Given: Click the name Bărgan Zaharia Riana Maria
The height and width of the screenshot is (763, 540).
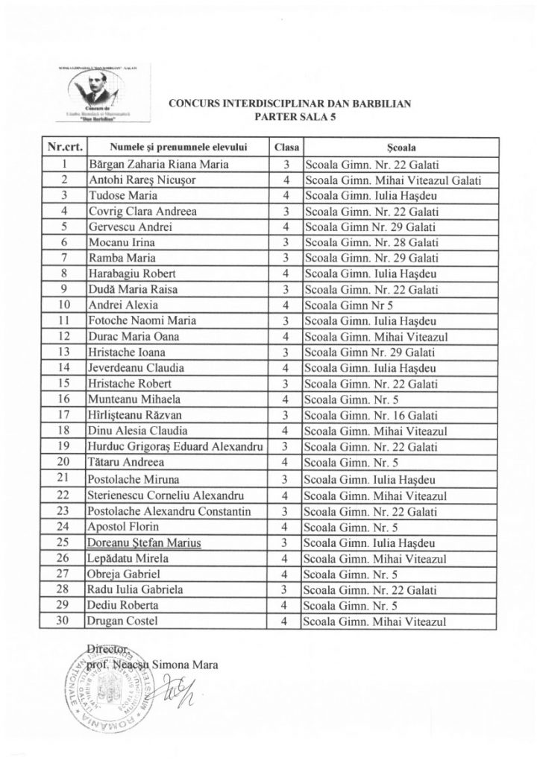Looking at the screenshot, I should tap(160, 164).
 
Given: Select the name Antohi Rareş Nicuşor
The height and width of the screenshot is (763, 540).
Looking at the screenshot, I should tap(139, 180).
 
